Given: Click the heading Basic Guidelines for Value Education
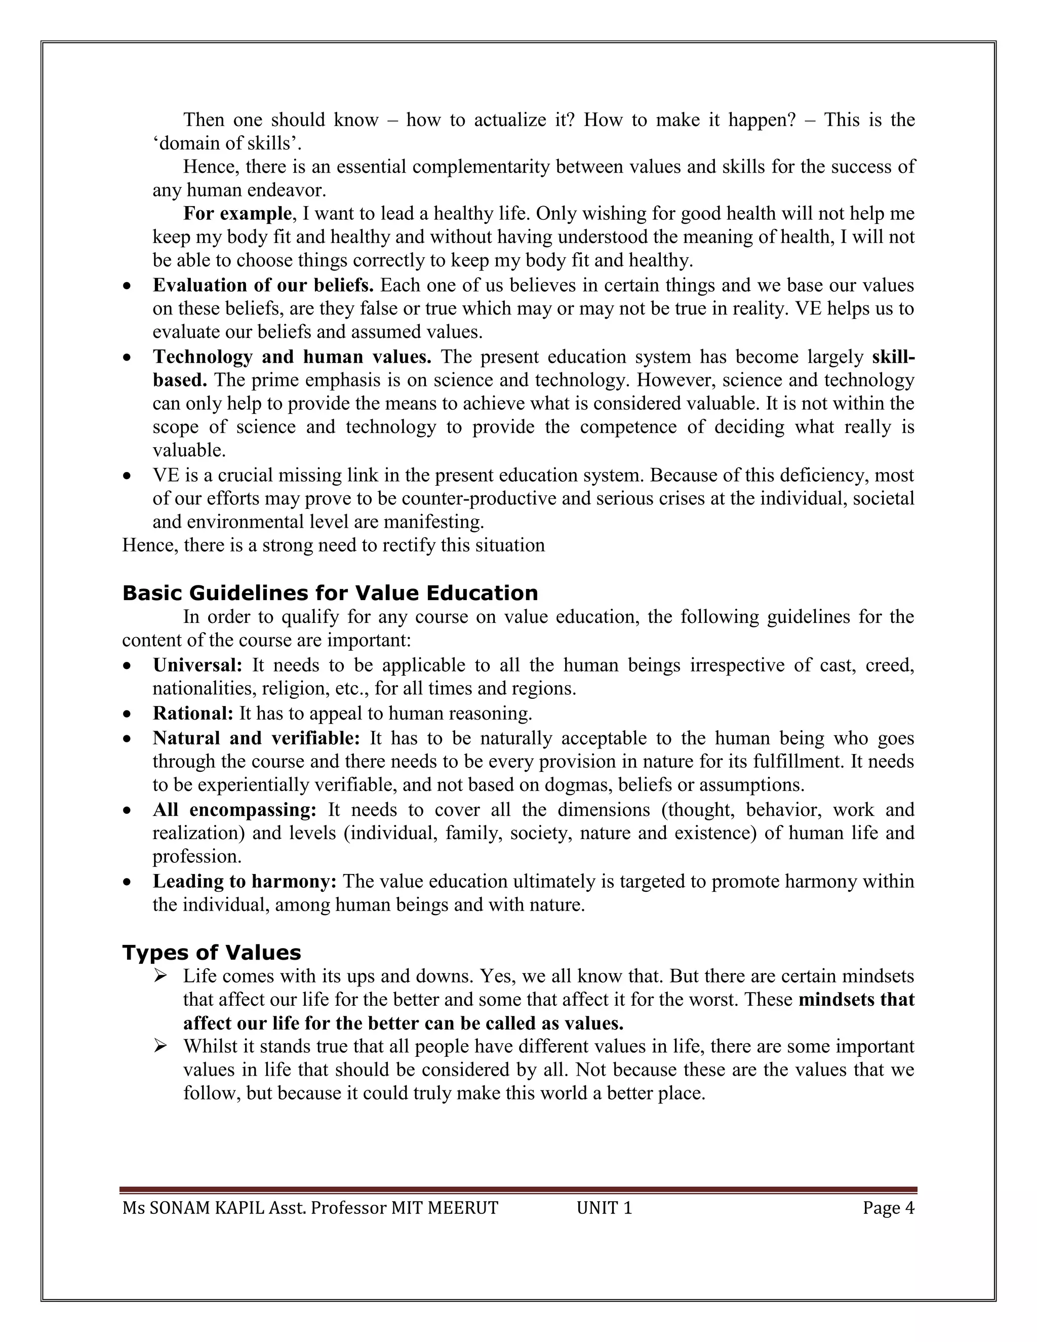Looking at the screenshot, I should click(330, 594).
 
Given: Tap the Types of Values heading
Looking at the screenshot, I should click(211, 953).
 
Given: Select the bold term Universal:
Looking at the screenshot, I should click(197, 665).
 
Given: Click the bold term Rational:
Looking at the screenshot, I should click(193, 714).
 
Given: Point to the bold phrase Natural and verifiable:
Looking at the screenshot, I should click(256, 738).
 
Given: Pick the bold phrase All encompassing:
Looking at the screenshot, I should click(234, 810).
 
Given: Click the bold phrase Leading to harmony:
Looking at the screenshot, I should click(244, 882).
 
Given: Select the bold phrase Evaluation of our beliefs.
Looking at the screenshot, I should click(263, 286).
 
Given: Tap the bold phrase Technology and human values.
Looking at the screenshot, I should click(292, 357).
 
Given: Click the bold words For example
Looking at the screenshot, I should click(237, 214).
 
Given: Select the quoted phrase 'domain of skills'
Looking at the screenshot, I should click(227, 143).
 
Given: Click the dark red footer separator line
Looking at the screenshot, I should click(518, 1190).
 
